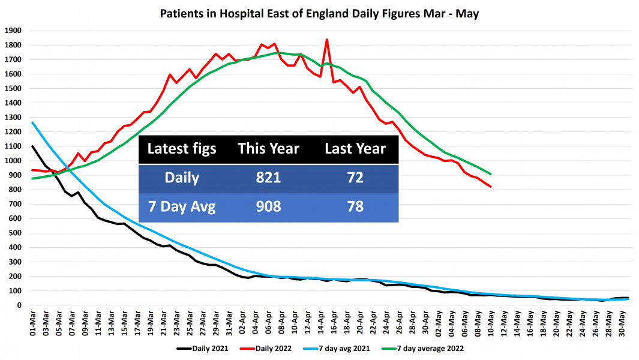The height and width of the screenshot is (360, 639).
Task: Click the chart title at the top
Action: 319,13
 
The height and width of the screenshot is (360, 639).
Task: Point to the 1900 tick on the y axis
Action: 13,31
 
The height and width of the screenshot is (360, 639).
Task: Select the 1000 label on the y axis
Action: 13,161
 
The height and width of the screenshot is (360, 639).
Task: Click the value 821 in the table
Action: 268,179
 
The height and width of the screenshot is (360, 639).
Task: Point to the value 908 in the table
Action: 268,208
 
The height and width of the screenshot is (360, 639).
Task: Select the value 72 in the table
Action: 355,179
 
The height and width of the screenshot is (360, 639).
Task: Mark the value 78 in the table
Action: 355,208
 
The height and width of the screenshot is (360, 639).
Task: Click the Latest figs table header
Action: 182,148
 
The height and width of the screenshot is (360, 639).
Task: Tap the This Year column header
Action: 268,148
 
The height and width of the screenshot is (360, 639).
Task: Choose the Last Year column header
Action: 355,148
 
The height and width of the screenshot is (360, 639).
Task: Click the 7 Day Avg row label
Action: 182,208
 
